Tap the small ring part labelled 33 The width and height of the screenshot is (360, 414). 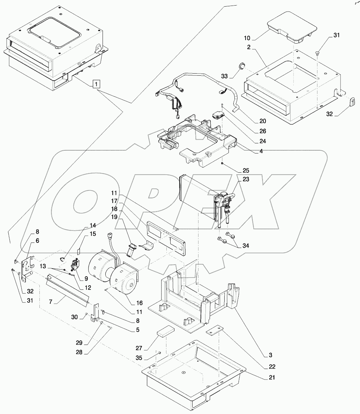click(241, 66)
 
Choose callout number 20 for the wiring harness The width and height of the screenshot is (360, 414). click(262, 121)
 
